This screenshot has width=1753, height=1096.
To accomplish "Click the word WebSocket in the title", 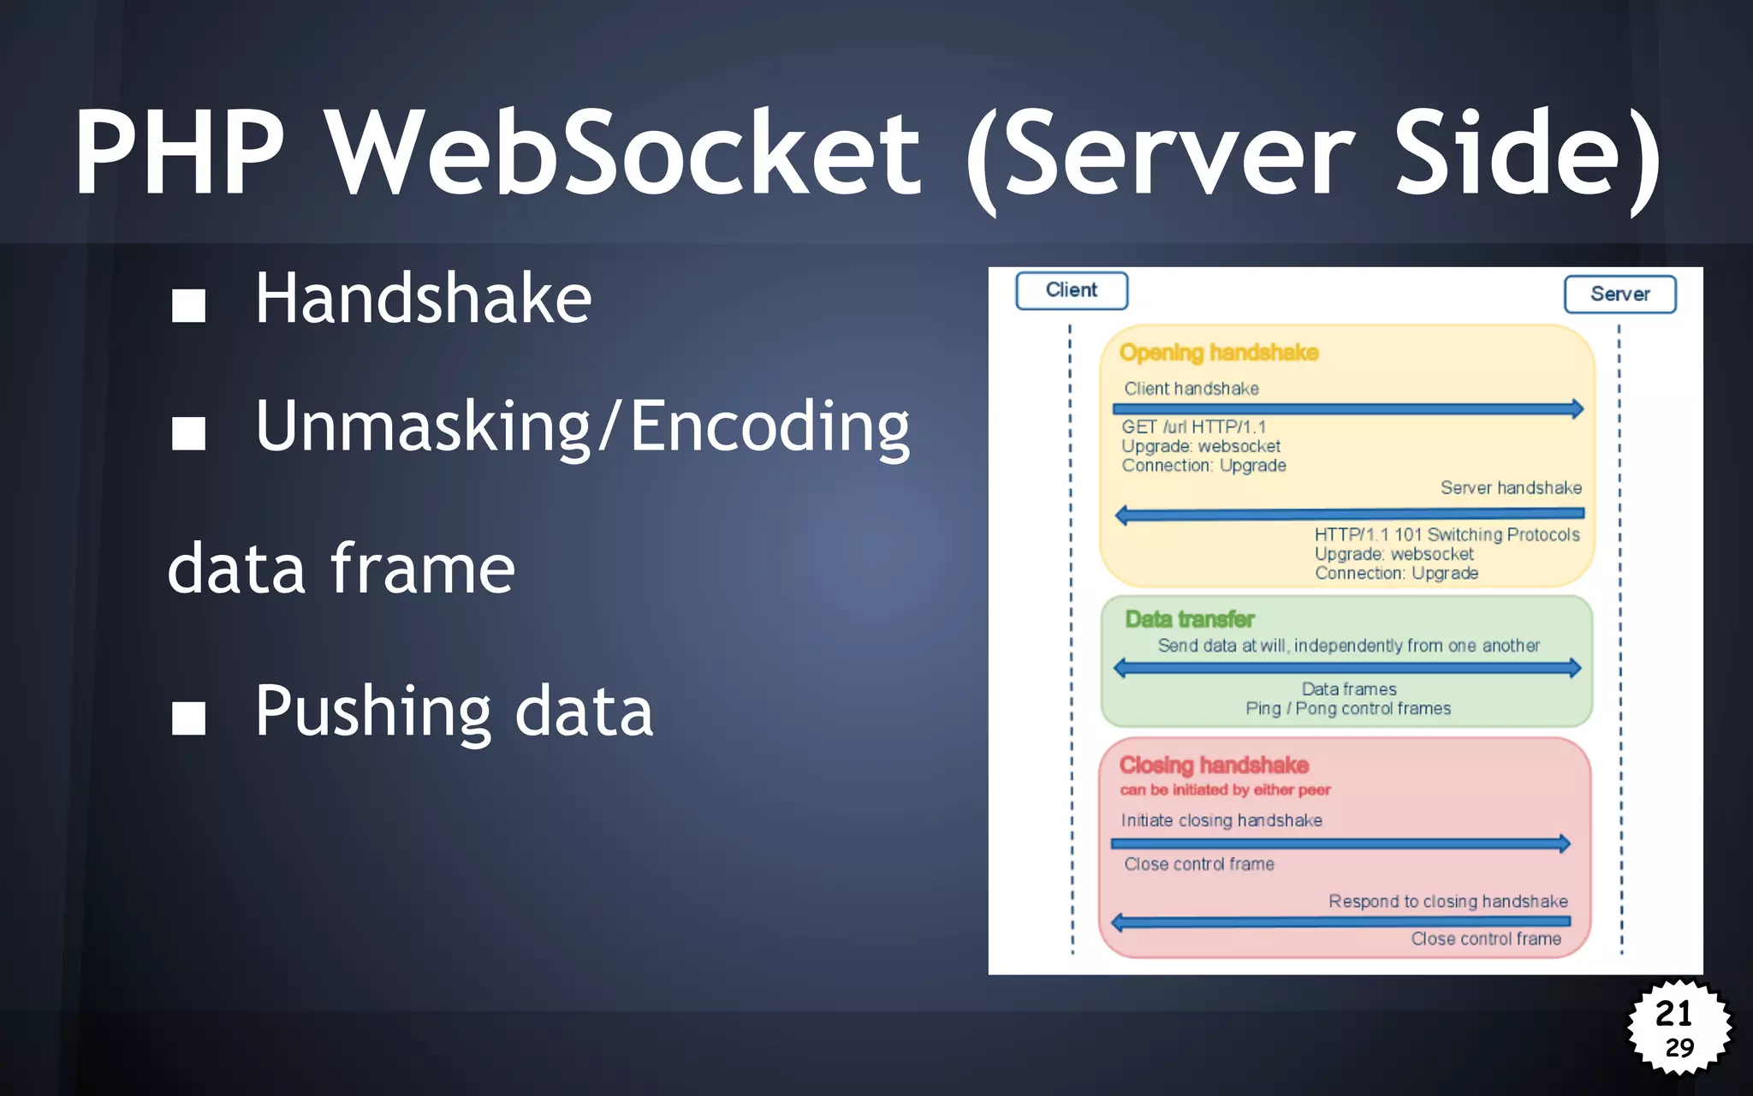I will tap(623, 154).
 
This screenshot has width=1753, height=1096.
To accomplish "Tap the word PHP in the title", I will tap(180, 154).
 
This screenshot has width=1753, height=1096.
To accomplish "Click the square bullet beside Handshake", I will tap(188, 304).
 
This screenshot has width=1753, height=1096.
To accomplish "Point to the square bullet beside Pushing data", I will tap(188, 718).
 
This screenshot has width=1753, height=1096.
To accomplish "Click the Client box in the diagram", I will tap(1071, 290).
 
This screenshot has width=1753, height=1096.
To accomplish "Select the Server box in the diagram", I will tap(1619, 294).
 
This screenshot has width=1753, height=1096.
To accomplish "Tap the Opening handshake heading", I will tap(1218, 353).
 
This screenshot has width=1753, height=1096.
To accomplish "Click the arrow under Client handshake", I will tap(1347, 409).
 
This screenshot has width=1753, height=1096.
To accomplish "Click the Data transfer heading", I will tap(1190, 619).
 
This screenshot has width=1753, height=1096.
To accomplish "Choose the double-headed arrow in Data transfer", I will tap(1347, 668).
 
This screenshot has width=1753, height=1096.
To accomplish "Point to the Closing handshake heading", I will tap(1214, 765).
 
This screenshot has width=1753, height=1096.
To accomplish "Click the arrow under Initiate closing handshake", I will tap(1340, 843).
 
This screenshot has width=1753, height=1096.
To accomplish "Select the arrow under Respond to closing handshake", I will tap(1340, 921).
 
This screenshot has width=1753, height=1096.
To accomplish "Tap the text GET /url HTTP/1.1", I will tap(1193, 426).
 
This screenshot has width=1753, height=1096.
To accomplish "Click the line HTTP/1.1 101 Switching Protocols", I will tap(1447, 534).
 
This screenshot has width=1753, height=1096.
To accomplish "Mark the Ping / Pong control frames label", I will tap(1348, 708).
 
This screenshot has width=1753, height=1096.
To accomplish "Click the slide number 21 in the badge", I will tap(1673, 1014).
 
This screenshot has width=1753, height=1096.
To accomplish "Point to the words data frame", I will tap(341, 569).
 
